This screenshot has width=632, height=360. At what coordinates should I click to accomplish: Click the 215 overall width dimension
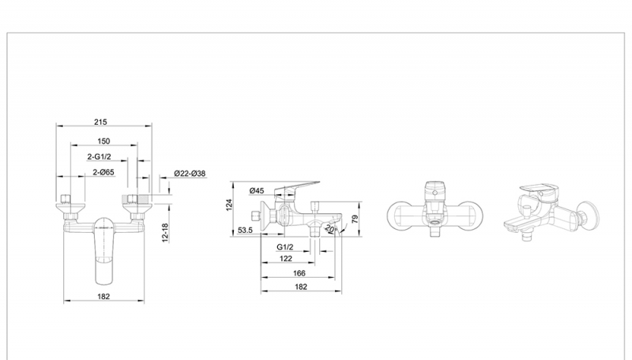coord(100,122)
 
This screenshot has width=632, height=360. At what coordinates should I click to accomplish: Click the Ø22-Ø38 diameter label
coord(190,174)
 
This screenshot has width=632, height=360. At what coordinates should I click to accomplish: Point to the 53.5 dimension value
coord(245,231)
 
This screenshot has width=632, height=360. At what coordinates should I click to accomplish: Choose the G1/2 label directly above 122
coord(286,247)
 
